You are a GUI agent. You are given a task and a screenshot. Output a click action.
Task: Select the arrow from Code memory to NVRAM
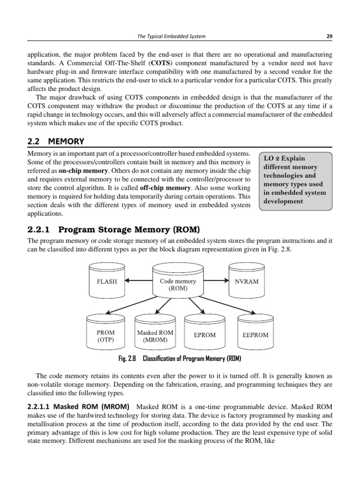tap(215, 281)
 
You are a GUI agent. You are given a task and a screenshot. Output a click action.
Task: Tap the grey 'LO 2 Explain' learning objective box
tap(295, 180)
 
